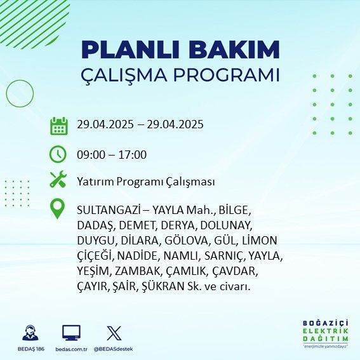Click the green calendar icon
[58, 125]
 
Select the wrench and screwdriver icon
[58, 180]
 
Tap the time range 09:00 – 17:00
[112, 154]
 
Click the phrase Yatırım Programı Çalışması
[145, 182]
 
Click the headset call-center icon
[29, 333]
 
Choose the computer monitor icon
[71, 333]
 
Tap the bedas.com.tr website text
[71, 349]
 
